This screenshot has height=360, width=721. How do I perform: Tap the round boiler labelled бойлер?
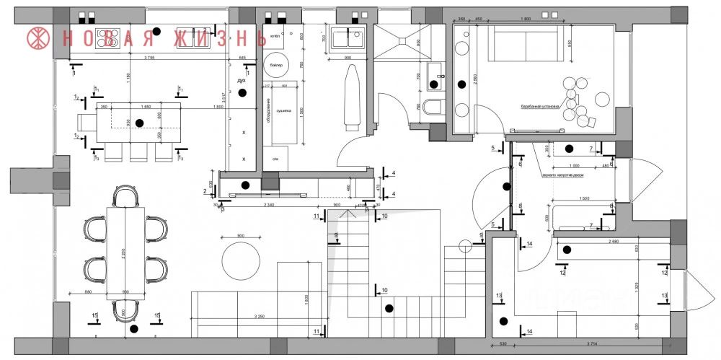click(x=276, y=65)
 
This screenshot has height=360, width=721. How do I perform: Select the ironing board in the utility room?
click(x=352, y=97)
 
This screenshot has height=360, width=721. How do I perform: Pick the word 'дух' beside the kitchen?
click(x=242, y=81)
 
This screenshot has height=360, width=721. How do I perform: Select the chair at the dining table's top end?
click(x=125, y=196)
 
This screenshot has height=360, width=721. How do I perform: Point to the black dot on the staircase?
click(x=389, y=309)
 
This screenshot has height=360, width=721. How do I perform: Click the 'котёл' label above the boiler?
click(x=275, y=35)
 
